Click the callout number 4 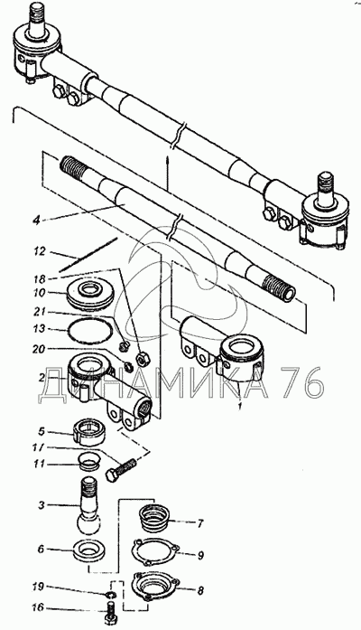click(x=36, y=221)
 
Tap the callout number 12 click(x=40, y=252)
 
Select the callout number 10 click(x=40, y=294)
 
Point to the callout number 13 click(x=40, y=329)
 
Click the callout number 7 click(x=200, y=523)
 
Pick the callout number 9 click(x=200, y=555)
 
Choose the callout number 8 click(x=200, y=590)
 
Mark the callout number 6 click(x=41, y=549)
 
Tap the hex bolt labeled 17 click(x=121, y=470)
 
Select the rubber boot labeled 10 click(x=91, y=296)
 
